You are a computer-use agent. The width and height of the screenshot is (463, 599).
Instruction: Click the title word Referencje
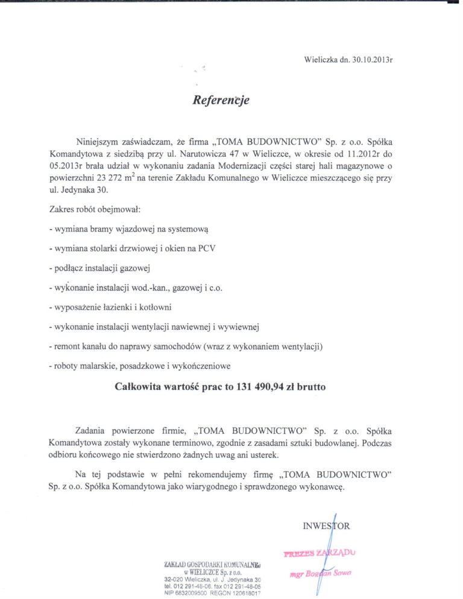tap(221, 101)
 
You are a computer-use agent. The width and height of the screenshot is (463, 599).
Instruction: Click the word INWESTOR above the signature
tap(326, 525)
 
